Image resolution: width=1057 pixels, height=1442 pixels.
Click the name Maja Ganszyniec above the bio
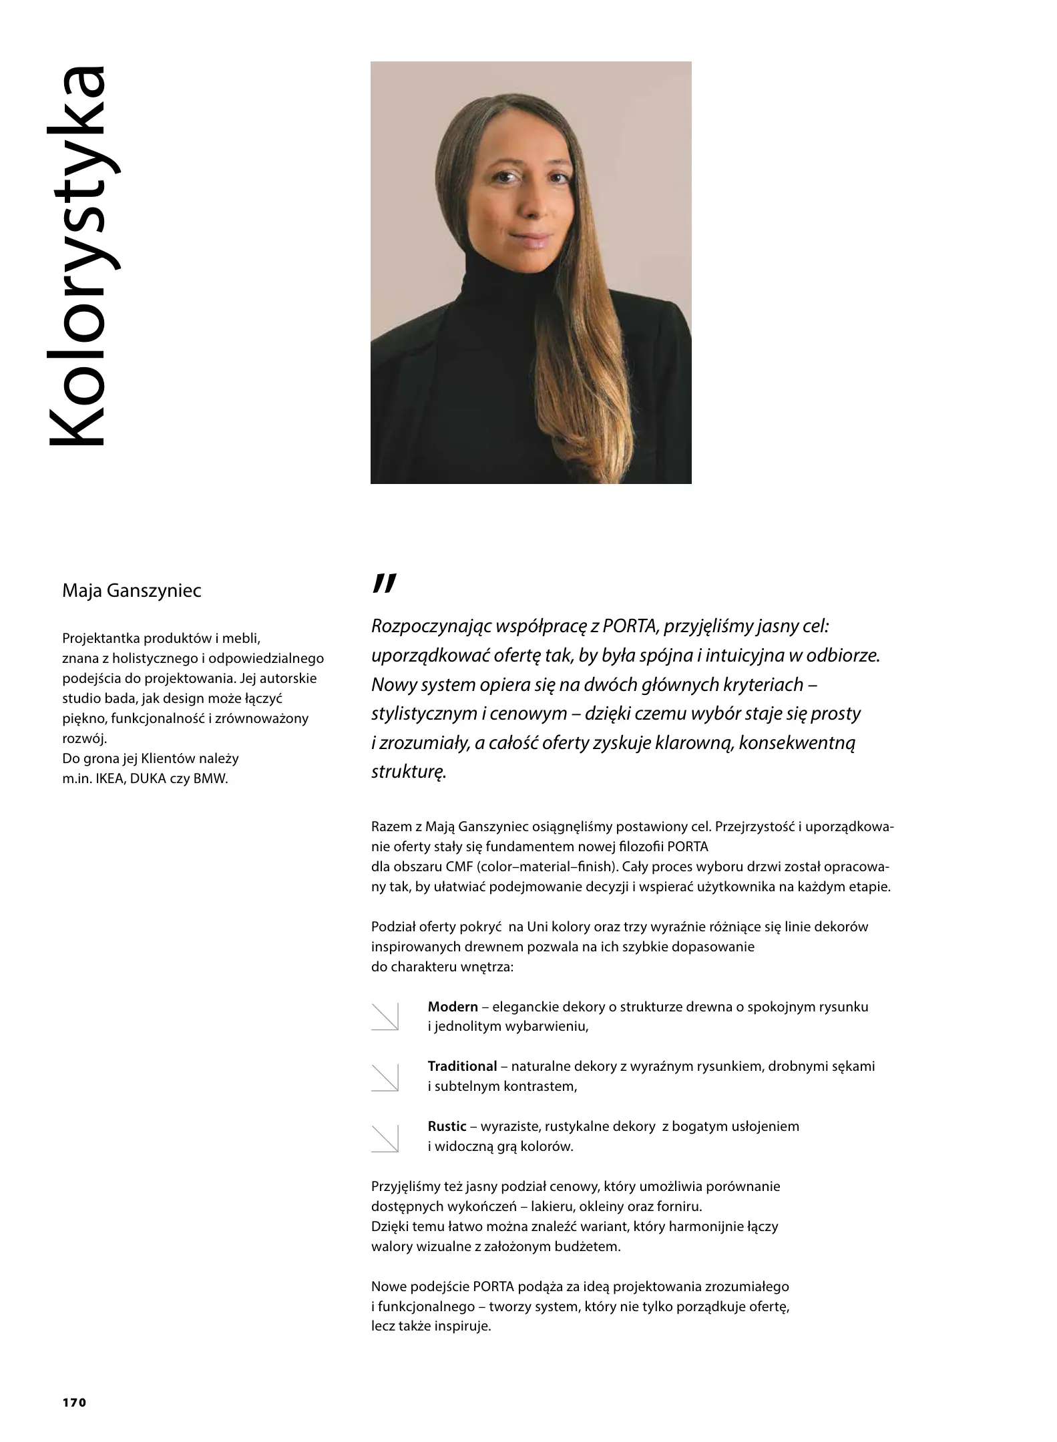(131, 591)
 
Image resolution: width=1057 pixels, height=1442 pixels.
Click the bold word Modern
(453, 1007)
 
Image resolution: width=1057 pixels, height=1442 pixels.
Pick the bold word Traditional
(462, 1066)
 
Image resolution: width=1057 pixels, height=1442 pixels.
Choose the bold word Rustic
(447, 1126)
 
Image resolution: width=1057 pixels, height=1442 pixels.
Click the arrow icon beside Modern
(385, 1016)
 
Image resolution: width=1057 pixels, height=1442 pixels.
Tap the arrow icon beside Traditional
(385, 1076)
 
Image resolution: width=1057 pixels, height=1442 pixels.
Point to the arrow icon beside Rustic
(385, 1137)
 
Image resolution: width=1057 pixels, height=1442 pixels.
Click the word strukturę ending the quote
(408, 772)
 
